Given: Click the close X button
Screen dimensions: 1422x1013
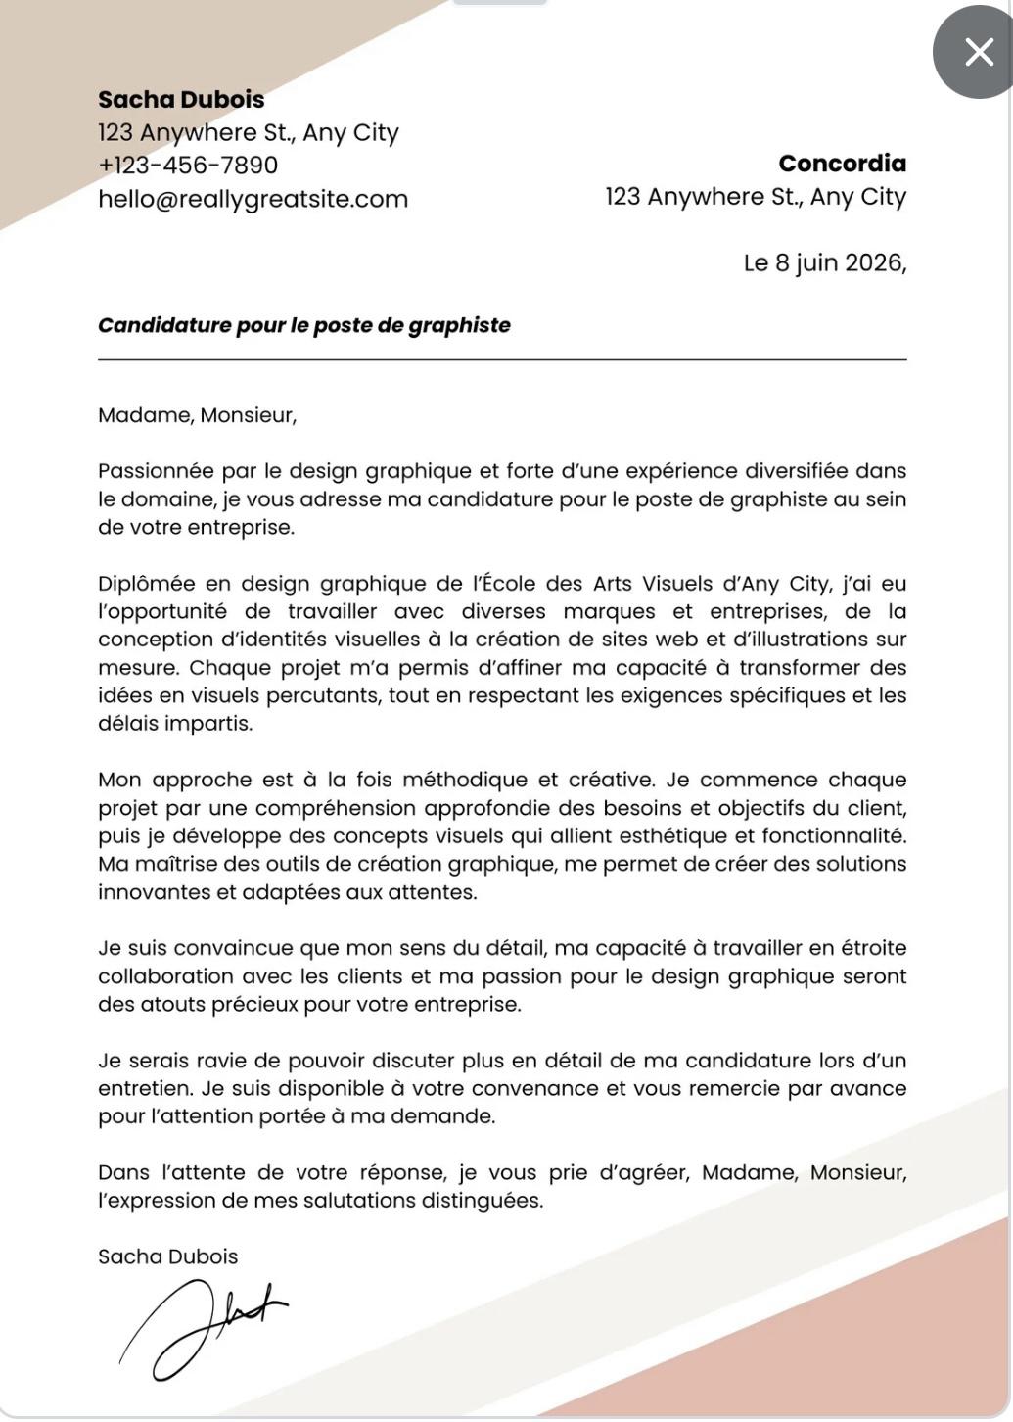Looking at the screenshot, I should (978, 52).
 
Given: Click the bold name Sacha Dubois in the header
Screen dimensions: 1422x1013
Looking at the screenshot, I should (181, 100).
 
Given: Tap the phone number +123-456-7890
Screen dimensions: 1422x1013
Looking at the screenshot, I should (188, 166).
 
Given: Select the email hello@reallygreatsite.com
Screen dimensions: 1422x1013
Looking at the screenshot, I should (253, 199).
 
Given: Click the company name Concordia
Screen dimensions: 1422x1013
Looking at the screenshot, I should (842, 164).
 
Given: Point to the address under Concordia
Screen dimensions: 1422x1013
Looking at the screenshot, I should (756, 197).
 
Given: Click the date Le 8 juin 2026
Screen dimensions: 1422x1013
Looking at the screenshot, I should (824, 263).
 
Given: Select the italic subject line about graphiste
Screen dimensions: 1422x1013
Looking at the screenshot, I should (303, 326).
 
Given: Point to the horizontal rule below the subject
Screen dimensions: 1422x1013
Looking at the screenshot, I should (501, 360).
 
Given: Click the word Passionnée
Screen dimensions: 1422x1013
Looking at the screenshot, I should (156, 472).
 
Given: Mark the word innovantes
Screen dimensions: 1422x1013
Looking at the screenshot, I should (153, 893).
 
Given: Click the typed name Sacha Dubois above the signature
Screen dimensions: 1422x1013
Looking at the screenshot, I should (167, 1257).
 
